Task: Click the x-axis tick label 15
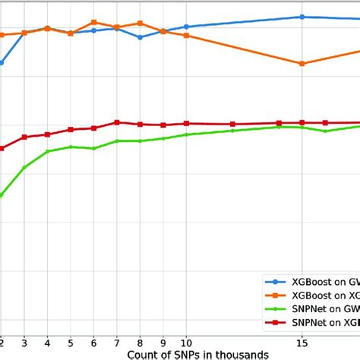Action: tap(302, 342)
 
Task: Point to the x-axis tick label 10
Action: tap(186, 342)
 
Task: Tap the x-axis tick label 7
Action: tap(117, 342)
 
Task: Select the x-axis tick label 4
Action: tap(47, 342)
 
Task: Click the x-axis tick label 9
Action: tap(163, 342)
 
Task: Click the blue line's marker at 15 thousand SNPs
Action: tap(302, 16)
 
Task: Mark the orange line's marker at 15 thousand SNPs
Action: tap(302, 64)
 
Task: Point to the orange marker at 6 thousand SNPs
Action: tap(93, 22)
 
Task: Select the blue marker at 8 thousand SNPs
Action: tap(140, 36)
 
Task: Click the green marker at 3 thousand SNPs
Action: tap(24, 167)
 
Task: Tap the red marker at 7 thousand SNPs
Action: tap(117, 122)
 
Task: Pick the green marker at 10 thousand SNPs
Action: tap(186, 134)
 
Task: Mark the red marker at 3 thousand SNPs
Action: tap(24, 137)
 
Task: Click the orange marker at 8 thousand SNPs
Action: tap(140, 24)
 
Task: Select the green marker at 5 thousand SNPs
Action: tap(71, 147)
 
